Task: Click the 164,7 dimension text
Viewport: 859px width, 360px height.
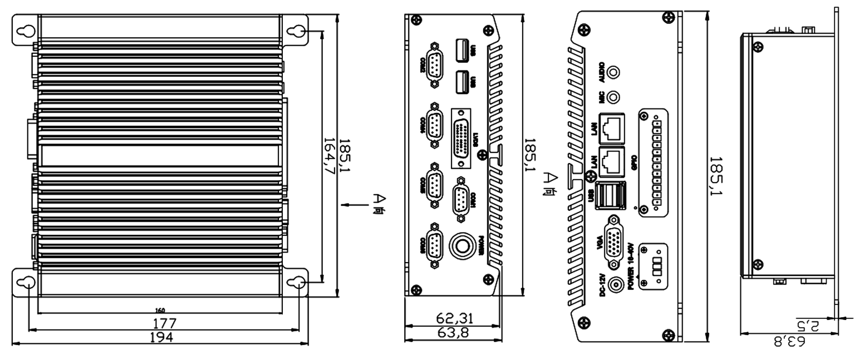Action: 330,157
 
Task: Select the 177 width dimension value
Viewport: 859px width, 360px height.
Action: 165,323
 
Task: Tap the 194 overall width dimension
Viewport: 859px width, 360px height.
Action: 161,337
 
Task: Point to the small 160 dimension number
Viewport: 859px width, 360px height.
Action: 160,310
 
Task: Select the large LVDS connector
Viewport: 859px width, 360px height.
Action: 461,139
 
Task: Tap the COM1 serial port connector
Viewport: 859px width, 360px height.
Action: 461,199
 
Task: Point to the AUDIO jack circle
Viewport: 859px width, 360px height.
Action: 613,72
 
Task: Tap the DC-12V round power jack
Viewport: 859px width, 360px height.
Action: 616,285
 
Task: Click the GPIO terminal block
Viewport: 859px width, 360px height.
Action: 652,161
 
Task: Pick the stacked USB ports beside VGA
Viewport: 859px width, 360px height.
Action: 610,195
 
